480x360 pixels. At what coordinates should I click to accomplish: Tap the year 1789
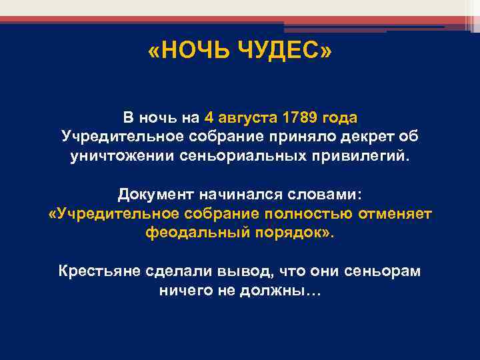[301, 118]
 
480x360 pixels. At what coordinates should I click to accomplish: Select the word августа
[247, 118]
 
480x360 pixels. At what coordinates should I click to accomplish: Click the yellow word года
[340, 118]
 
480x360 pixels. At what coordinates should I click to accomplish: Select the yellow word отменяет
[396, 213]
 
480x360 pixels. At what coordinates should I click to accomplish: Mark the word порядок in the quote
[290, 233]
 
